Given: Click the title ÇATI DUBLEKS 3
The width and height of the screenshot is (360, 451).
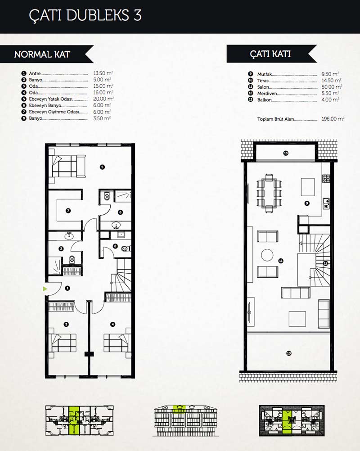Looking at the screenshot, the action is tap(85, 15).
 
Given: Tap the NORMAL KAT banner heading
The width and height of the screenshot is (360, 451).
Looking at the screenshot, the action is tap(42, 54).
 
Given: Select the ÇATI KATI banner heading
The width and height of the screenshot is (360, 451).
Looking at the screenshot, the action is tap(270, 54).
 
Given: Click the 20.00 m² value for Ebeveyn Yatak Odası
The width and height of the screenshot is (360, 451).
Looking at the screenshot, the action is tap(103, 99).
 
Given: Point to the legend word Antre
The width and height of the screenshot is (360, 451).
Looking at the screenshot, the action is tap(35, 74).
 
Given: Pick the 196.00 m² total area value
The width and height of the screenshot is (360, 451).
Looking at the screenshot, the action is tap(333, 119).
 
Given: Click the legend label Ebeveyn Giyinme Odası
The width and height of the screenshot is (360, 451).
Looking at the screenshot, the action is tap(54, 112).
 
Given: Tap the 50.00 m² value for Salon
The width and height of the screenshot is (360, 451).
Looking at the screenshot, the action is tap(332, 87).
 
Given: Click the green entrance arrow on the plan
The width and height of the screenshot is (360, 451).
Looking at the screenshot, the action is tap(45, 289).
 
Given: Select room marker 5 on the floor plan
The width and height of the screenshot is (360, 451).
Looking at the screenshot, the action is tap(102, 167).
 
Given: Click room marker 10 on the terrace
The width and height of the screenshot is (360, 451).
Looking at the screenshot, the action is tap(289, 353).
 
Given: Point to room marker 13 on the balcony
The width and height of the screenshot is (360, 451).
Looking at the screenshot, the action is tap(286, 153).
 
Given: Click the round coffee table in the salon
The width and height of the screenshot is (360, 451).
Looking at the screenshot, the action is tap(267, 255).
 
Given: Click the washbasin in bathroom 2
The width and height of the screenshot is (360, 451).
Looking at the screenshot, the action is tap(69, 236).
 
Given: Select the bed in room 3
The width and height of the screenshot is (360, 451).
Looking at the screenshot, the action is tap(63, 343).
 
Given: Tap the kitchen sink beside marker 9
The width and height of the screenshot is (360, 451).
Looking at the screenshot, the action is tap(326, 203).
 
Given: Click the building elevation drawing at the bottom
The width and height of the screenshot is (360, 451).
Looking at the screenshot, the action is tap(186, 420).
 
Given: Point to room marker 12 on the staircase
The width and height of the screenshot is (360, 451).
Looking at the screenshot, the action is tap(325, 263).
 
